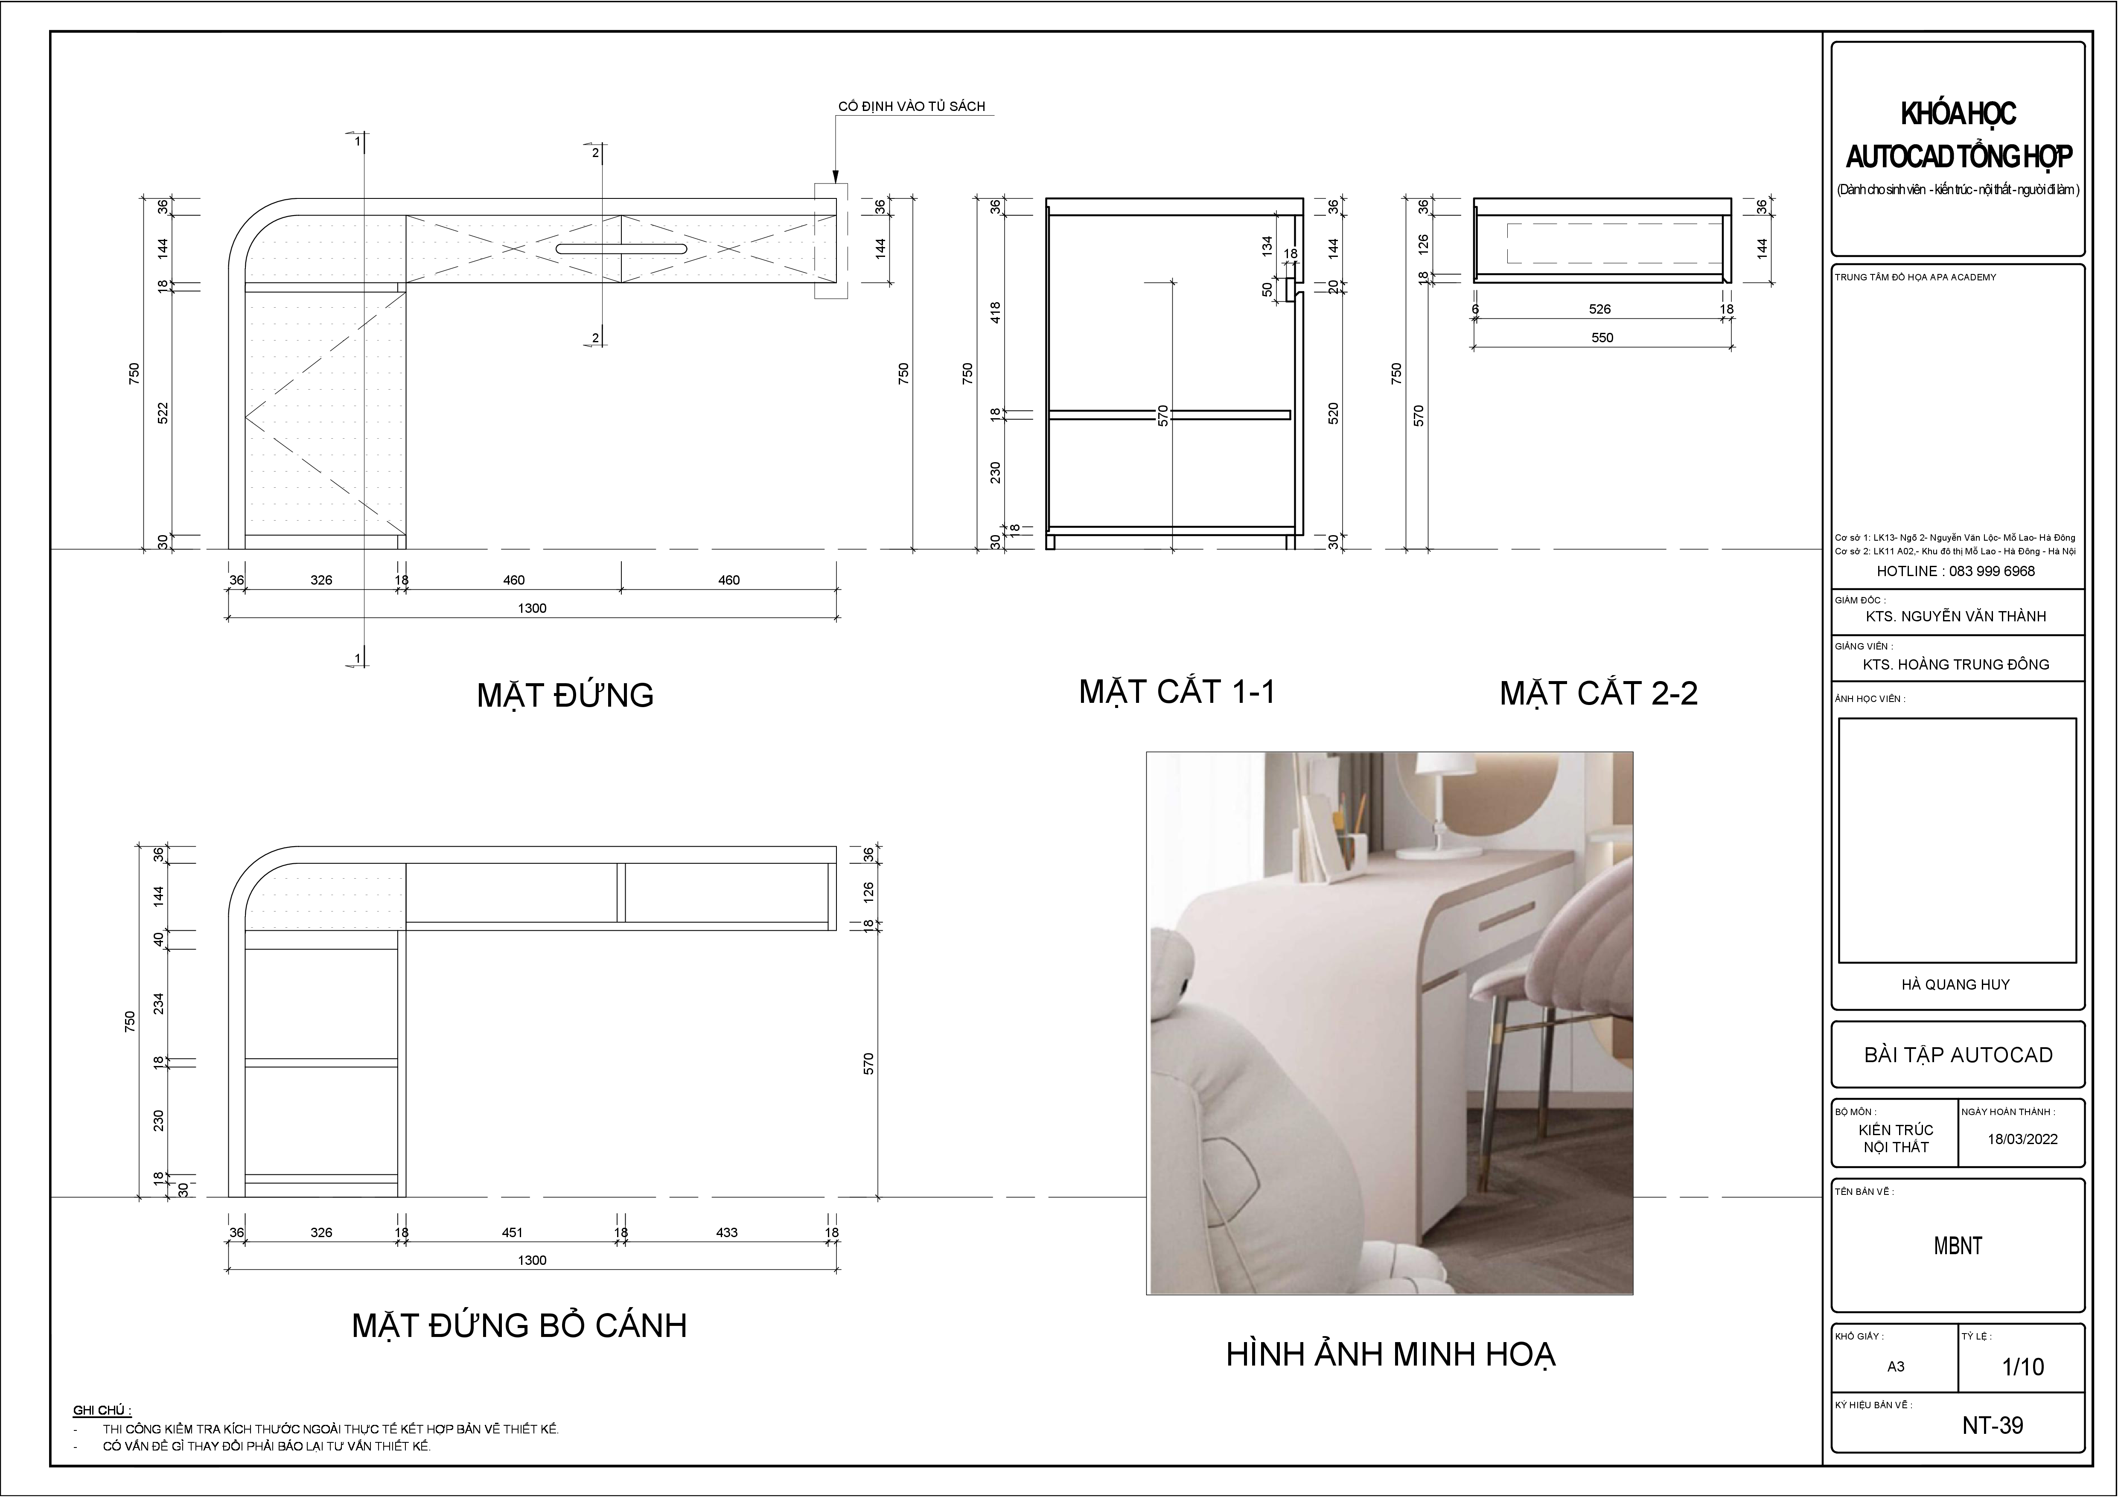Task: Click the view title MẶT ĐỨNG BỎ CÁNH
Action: (519, 1325)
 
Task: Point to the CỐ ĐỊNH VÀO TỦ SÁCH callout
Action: (912, 106)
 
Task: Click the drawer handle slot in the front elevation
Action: (621, 249)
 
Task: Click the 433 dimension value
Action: (727, 1232)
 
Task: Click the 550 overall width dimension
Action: (1602, 338)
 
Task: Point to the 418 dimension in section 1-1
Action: (995, 312)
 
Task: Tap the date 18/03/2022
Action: (2022, 1139)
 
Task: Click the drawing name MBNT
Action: (1958, 1246)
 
